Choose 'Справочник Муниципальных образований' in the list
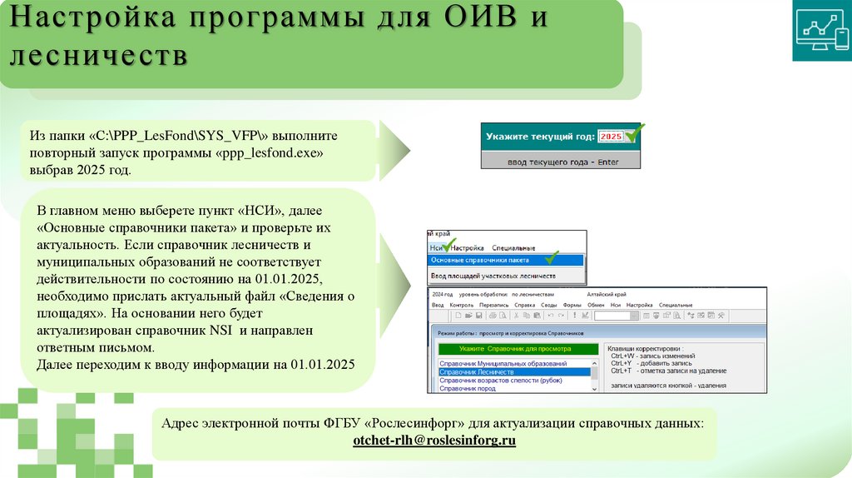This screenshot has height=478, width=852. tap(503, 364)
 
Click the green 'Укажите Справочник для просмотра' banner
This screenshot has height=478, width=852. tap(516, 349)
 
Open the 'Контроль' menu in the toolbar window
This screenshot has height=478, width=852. tap(461, 306)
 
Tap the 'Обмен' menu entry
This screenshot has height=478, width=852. tap(596, 306)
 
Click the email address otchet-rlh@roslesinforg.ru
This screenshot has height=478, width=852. tap(434, 441)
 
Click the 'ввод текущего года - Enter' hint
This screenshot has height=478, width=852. tap(562, 162)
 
